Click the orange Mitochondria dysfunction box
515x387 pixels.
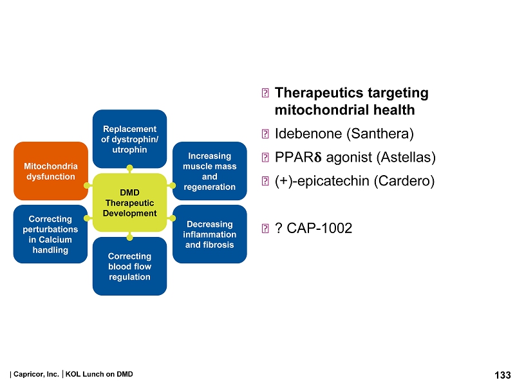tap(50, 171)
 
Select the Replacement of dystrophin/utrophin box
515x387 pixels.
tap(129, 139)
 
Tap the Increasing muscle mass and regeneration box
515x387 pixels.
tap(209, 171)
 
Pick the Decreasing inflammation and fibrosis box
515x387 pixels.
tap(209, 234)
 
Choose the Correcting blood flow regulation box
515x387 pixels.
tap(129, 267)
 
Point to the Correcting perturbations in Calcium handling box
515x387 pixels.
tap(50, 234)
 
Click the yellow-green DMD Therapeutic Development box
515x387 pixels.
tap(129, 202)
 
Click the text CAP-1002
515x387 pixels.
tap(319, 228)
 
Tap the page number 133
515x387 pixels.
tap(502, 375)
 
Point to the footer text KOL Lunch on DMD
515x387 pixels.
tap(99, 374)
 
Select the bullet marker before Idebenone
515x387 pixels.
tap(265, 135)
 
